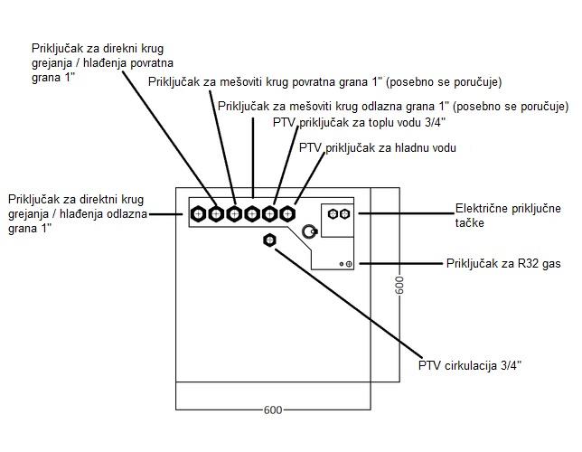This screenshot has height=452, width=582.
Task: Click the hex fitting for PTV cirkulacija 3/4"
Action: (269, 240)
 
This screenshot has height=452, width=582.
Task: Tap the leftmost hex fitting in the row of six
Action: (199, 214)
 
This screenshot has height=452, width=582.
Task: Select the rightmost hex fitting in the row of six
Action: (287, 214)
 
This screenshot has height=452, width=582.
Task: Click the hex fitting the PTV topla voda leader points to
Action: (269, 214)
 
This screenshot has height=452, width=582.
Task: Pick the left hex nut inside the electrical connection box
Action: (333, 214)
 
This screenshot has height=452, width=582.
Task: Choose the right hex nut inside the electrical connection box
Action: (345, 214)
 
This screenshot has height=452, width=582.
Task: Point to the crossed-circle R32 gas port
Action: (349, 264)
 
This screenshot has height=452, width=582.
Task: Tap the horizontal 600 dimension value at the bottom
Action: (273, 410)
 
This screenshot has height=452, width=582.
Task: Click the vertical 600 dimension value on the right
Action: (399, 286)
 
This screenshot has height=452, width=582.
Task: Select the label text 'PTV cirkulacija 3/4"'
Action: (470, 365)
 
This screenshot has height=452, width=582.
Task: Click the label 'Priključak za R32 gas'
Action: (503, 264)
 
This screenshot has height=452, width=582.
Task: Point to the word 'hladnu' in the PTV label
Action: (412, 148)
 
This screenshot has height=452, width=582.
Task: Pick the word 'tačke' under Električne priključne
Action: (470, 223)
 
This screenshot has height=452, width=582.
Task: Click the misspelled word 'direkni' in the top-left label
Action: (126, 49)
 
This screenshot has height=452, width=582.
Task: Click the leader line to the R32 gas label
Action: (401, 264)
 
